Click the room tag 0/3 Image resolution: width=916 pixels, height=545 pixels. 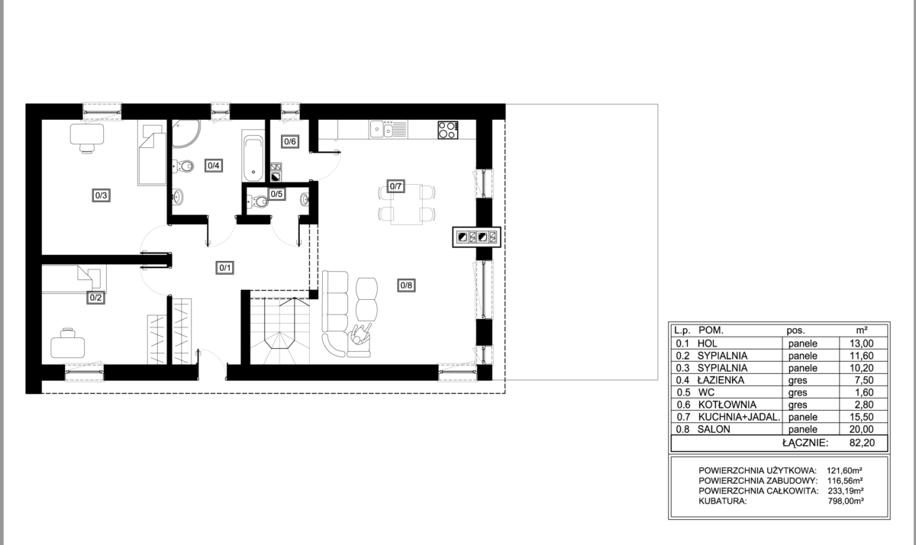tap(101, 195)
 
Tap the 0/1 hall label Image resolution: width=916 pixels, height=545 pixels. tap(225, 268)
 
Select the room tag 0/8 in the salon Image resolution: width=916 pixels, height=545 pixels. tap(406, 285)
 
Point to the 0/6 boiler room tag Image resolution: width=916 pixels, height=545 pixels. tap(290, 141)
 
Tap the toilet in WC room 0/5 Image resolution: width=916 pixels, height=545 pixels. tap(258, 202)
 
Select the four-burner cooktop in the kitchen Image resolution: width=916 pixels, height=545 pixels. tap(448, 130)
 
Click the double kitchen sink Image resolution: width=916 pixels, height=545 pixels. tap(388, 129)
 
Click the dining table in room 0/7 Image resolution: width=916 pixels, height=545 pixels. tap(406, 204)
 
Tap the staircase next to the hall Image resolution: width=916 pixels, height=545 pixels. tap(280, 331)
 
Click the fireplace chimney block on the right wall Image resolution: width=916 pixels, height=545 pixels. tap(476, 237)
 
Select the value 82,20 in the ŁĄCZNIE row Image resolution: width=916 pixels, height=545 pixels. tap(862, 443)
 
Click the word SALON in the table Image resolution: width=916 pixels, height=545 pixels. tap(714, 429)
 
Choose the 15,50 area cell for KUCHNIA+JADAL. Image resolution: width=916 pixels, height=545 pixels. tap(862, 417)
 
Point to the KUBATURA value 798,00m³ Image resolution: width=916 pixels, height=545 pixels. tap(846, 501)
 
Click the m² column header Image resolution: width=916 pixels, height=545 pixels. tap(862, 331)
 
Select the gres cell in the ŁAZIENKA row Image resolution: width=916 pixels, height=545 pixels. tap(798, 381)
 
